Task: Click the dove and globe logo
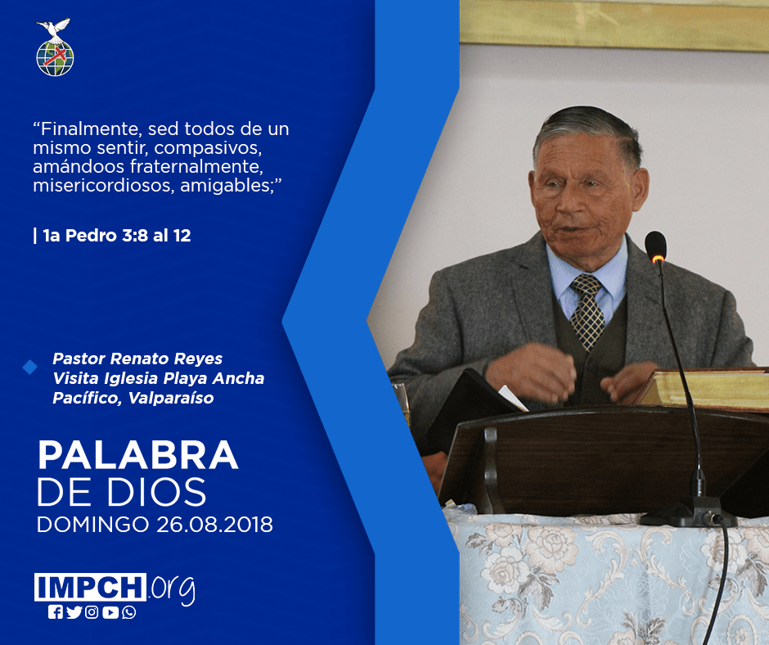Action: click(x=55, y=47)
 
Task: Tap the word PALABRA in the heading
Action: click(x=137, y=456)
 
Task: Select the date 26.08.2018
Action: click(x=215, y=525)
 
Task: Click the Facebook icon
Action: click(x=56, y=612)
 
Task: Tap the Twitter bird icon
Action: click(x=74, y=612)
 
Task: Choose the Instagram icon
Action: click(x=92, y=612)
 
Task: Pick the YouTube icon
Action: click(x=110, y=612)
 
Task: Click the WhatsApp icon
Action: click(x=129, y=612)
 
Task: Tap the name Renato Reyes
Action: click(x=166, y=359)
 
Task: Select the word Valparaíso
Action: click(x=171, y=398)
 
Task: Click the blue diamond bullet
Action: click(x=30, y=368)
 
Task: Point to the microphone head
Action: click(x=656, y=246)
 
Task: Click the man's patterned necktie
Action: click(x=587, y=311)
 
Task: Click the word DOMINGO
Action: click(x=92, y=525)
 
